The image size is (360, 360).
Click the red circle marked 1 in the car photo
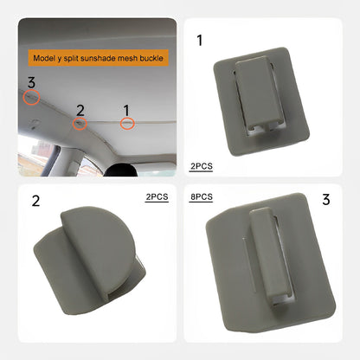127,125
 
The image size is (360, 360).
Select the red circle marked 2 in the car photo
79,125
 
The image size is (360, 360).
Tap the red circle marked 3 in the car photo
31,99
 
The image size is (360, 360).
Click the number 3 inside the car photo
31,83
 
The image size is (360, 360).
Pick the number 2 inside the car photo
80,109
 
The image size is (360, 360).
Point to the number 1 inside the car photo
126,109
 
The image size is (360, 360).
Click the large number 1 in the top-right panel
200,40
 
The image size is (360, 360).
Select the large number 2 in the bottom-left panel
35,202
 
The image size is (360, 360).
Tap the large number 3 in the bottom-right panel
326,200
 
